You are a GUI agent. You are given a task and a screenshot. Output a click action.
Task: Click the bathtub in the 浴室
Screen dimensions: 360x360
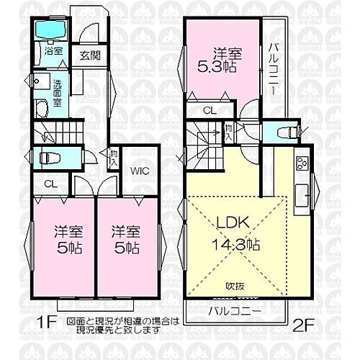pos(50,31)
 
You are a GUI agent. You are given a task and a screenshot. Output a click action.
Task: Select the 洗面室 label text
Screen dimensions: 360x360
pos(57,93)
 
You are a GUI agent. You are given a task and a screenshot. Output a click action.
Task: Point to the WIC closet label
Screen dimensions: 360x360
pos(139,171)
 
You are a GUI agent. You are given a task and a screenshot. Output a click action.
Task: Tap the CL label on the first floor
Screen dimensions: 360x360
pos(49,183)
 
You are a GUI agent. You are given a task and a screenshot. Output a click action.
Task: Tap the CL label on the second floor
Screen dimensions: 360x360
pos(210,112)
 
